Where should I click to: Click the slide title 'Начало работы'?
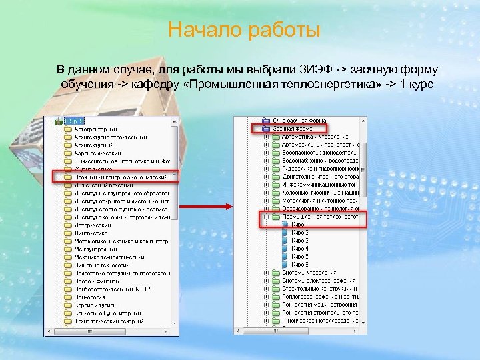point(244,30)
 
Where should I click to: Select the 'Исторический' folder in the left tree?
point(93,225)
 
